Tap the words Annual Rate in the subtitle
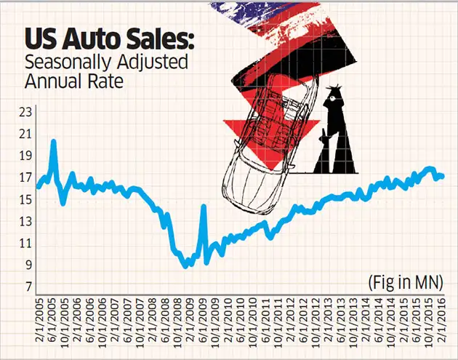click(x=71, y=81)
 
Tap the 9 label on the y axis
click(x=28, y=265)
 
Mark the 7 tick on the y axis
click(x=28, y=287)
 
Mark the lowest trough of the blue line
click(x=188, y=266)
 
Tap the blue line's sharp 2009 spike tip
click(x=204, y=207)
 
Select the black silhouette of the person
click(x=335, y=131)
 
